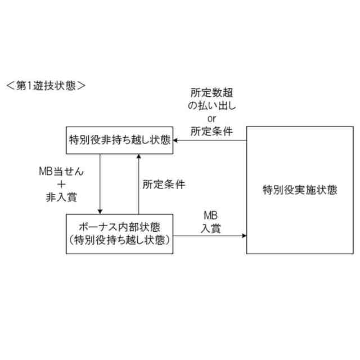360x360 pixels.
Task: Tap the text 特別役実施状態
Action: point(300,190)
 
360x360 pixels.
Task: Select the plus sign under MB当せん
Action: point(61,184)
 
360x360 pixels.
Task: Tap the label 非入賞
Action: point(61,197)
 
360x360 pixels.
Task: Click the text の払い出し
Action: point(211,106)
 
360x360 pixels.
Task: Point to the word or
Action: point(211,119)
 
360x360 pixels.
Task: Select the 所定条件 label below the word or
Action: point(211,132)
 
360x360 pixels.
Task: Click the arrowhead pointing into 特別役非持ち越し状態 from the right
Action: point(175,140)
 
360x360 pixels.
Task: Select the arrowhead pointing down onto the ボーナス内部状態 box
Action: point(100,211)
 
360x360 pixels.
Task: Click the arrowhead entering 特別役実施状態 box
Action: point(244,234)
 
